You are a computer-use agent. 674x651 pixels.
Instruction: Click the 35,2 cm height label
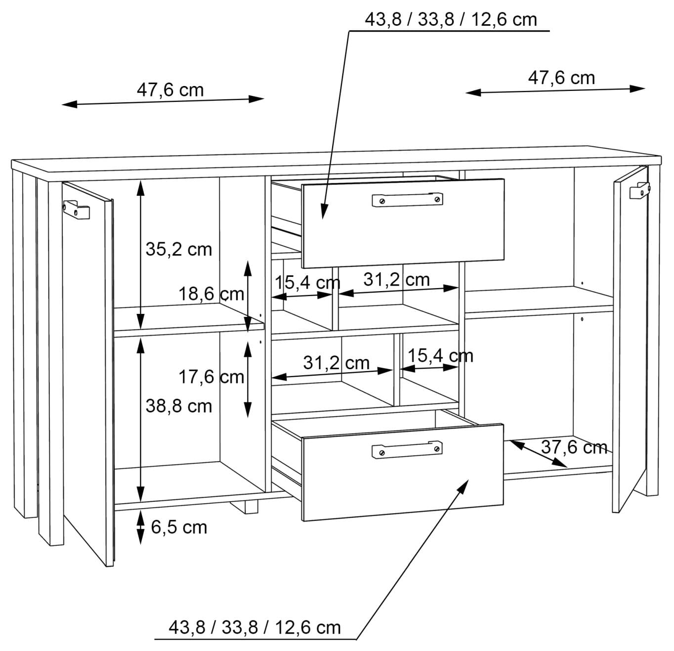(178, 250)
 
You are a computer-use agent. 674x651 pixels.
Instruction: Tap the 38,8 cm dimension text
(178, 406)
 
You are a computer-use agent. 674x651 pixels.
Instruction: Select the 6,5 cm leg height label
(179, 527)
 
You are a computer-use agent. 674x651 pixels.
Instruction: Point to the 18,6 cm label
(211, 294)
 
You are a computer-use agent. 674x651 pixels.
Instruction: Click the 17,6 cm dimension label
(211, 377)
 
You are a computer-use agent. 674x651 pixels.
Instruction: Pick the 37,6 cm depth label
(574, 447)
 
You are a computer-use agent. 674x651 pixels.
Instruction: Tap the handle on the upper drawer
(407, 200)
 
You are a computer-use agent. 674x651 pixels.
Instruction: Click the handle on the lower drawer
(407, 449)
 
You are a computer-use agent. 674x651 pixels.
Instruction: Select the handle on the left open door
(77, 209)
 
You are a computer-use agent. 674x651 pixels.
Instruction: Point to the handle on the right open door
(639, 190)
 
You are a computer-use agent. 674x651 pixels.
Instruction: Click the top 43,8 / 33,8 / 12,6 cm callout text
(451, 19)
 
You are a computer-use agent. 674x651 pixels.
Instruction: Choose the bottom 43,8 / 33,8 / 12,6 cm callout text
(254, 627)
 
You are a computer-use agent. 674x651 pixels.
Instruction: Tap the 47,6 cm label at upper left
(170, 90)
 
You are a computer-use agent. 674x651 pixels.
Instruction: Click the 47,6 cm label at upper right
(561, 78)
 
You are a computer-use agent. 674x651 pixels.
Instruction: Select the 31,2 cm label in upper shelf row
(397, 280)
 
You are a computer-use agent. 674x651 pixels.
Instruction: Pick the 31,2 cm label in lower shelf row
(337, 363)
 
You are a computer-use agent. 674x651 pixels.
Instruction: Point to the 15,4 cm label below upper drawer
(307, 283)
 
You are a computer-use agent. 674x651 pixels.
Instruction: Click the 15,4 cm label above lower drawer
(441, 356)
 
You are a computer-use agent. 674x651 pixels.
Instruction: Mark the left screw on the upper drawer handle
(382, 201)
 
